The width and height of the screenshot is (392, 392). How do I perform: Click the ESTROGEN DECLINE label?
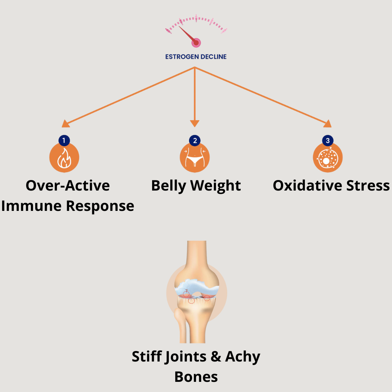coord(196,57)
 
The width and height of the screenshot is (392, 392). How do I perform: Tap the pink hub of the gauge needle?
coord(196,43)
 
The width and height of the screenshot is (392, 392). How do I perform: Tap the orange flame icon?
coord(64,158)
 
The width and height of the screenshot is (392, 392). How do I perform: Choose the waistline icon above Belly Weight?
coord(195,158)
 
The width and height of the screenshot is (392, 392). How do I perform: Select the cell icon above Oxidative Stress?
coord(328,158)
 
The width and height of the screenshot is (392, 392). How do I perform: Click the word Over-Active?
coord(68,185)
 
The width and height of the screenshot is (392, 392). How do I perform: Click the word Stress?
coord(368,185)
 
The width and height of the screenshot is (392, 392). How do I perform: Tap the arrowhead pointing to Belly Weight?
coord(195,123)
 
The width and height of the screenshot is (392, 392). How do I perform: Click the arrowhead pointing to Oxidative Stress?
coord(327,124)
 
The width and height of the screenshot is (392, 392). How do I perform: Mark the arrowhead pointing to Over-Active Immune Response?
coord(66,124)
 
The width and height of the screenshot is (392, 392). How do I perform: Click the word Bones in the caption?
coord(196,377)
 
